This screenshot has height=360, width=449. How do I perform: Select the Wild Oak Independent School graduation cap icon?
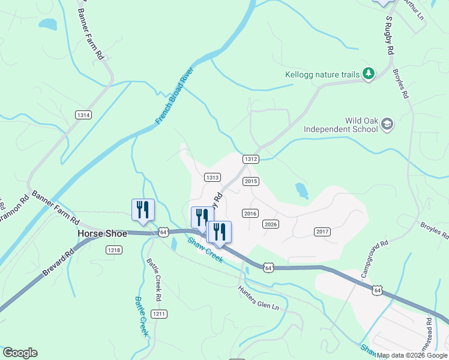click(x=387, y=124)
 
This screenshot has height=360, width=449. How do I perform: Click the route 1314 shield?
click(x=83, y=115)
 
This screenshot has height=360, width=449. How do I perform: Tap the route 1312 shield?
click(x=251, y=159)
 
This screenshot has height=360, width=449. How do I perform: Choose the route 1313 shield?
click(x=212, y=178)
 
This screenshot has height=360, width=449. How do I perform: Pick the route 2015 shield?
click(x=251, y=181)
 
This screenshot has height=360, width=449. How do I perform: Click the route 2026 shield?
click(x=271, y=224)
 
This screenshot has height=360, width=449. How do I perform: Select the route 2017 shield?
click(x=322, y=232)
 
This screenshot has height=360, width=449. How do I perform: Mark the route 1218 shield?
click(x=114, y=250)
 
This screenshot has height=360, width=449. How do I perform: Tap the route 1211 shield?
click(x=159, y=314)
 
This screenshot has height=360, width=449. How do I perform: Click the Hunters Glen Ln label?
click(x=259, y=298)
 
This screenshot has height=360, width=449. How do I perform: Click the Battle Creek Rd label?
click(x=154, y=280)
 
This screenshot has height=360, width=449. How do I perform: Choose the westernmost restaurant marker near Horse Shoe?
click(x=143, y=210)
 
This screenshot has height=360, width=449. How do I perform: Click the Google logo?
click(x=20, y=353)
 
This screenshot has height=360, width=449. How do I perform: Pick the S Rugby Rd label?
click(x=389, y=36)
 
